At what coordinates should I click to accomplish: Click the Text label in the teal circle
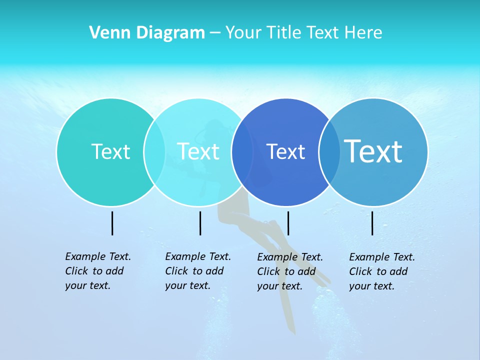[110, 151]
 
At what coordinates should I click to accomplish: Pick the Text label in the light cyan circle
[198, 151]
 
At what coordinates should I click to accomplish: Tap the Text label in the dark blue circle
[285, 151]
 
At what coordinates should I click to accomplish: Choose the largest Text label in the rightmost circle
[373, 151]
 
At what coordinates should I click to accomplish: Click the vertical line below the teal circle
[112, 223]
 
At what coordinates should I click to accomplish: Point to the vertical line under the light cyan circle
[200, 223]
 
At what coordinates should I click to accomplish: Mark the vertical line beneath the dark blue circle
[288, 223]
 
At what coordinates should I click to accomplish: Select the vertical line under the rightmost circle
[372, 223]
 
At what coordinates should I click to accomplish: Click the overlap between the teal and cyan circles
[154, 151]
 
